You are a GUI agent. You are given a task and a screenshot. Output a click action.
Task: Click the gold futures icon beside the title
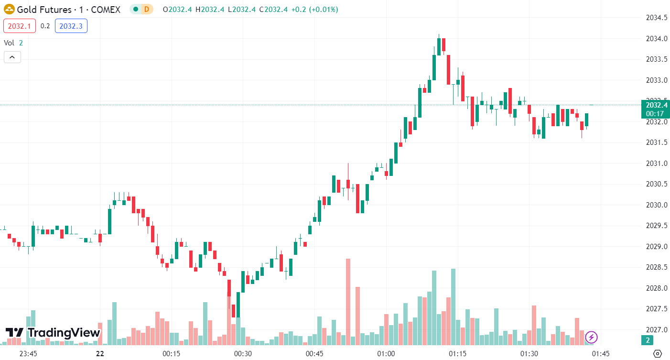point(9,9)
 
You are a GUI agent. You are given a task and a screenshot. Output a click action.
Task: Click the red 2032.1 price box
point(20,26)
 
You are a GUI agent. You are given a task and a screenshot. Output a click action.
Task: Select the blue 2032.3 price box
point(71,26)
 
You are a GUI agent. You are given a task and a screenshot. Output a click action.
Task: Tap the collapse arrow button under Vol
point(12,57)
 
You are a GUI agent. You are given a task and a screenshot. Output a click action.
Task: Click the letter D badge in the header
point(147,9)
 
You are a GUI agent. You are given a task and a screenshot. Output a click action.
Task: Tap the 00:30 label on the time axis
point(243,354)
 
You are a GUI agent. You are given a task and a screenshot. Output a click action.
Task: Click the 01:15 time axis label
point(457,354)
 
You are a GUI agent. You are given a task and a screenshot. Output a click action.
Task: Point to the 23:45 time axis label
point(28,354)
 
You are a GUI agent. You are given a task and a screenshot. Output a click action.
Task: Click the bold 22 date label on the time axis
point(99,354)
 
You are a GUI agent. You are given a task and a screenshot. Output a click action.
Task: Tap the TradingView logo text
point(64,333)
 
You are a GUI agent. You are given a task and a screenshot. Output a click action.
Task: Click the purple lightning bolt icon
point(591,338)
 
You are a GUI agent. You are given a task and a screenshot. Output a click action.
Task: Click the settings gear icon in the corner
point(657,354)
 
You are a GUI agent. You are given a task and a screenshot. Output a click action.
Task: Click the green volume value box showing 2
point(648,340)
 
